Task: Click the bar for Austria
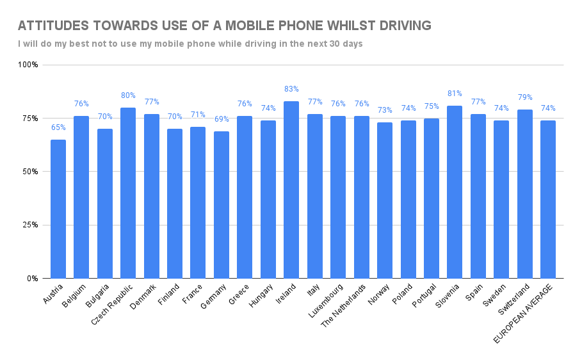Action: (58, 209)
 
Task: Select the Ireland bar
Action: (291, 190)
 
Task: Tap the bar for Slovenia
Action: (455, 192)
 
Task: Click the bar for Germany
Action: (222, 204)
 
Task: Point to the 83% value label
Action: (291, 89)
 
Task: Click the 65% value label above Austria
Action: (58, 127)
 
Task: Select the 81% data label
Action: (455, 94)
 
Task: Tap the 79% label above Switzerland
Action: (524, 97)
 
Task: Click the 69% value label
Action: (222, 119)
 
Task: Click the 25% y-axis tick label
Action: (30, 225)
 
